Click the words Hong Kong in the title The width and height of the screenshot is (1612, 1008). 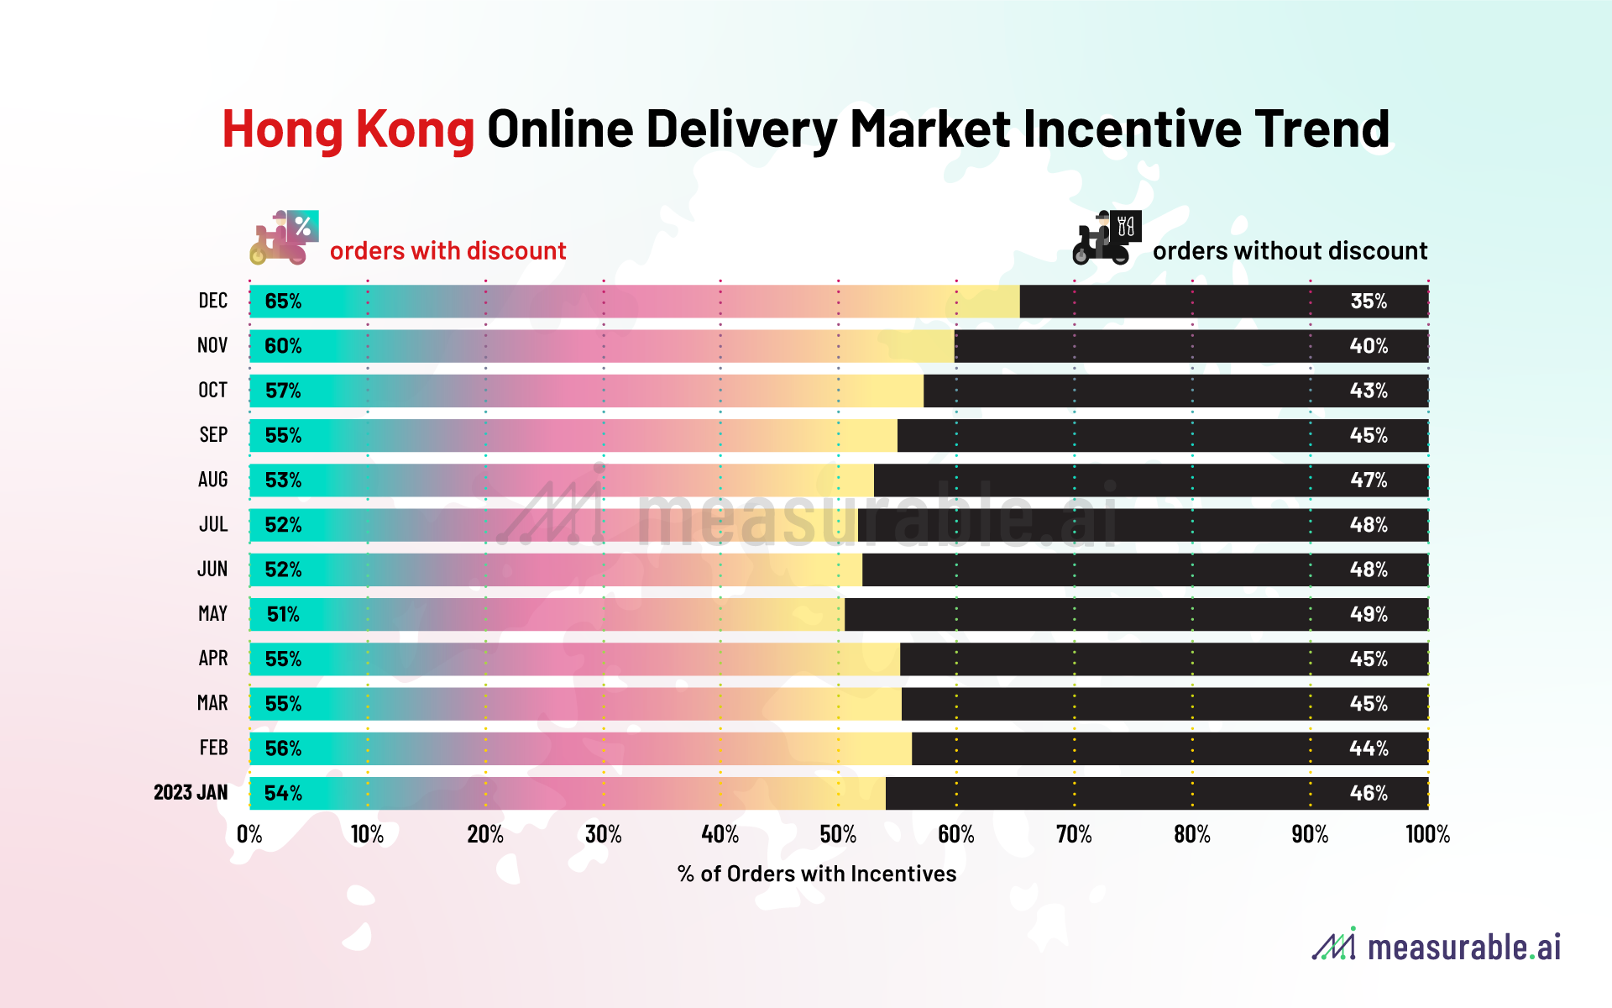(348, 130)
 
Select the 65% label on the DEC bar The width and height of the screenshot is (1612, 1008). (283, 302)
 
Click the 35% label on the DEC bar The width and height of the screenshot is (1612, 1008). (1369, 302)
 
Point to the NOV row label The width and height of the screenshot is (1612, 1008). (212, 345)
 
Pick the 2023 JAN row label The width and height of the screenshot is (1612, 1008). (191, 792)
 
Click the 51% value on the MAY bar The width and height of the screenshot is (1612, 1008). (283, 614)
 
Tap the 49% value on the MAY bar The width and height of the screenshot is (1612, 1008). (1369, 614)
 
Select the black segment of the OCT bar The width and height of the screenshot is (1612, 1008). (1133, 391)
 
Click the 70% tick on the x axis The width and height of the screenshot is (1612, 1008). (1074, 834)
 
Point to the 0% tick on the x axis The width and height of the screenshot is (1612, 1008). (249, 834)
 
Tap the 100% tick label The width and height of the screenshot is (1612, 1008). (1427, 834)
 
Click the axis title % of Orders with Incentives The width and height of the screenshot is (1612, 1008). (816, 874)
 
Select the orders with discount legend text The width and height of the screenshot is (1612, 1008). (447, 250)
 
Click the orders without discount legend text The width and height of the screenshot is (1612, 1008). (1290, 250)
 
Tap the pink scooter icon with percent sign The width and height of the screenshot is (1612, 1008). (285, 238)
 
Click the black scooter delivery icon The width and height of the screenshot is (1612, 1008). (1107, 238)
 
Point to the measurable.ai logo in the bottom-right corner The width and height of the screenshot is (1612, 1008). (1437, 946)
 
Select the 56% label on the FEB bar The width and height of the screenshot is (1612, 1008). (283, 748)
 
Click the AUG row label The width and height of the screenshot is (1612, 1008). (212, 480)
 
